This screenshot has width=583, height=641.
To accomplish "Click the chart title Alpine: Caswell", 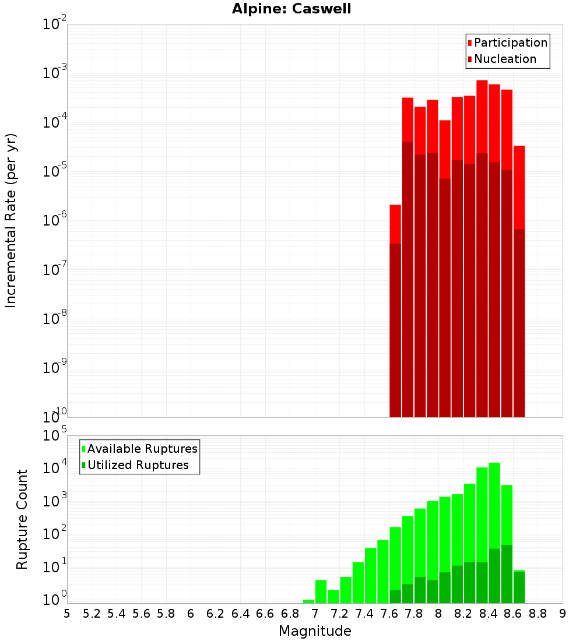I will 291,9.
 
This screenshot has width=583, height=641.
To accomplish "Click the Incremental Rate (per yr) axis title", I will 11,220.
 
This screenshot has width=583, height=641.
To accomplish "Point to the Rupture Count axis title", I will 22,519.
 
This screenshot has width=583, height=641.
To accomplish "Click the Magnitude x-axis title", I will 315,631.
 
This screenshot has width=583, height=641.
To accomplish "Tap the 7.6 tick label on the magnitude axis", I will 389,614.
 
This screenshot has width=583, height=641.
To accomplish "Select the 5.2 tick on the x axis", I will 92,614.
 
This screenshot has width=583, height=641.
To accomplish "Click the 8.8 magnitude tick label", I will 538,614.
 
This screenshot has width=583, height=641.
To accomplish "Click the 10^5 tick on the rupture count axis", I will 55,436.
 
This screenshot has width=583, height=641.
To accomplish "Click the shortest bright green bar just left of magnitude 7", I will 308,601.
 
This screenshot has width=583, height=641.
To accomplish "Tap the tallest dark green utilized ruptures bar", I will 507,574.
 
